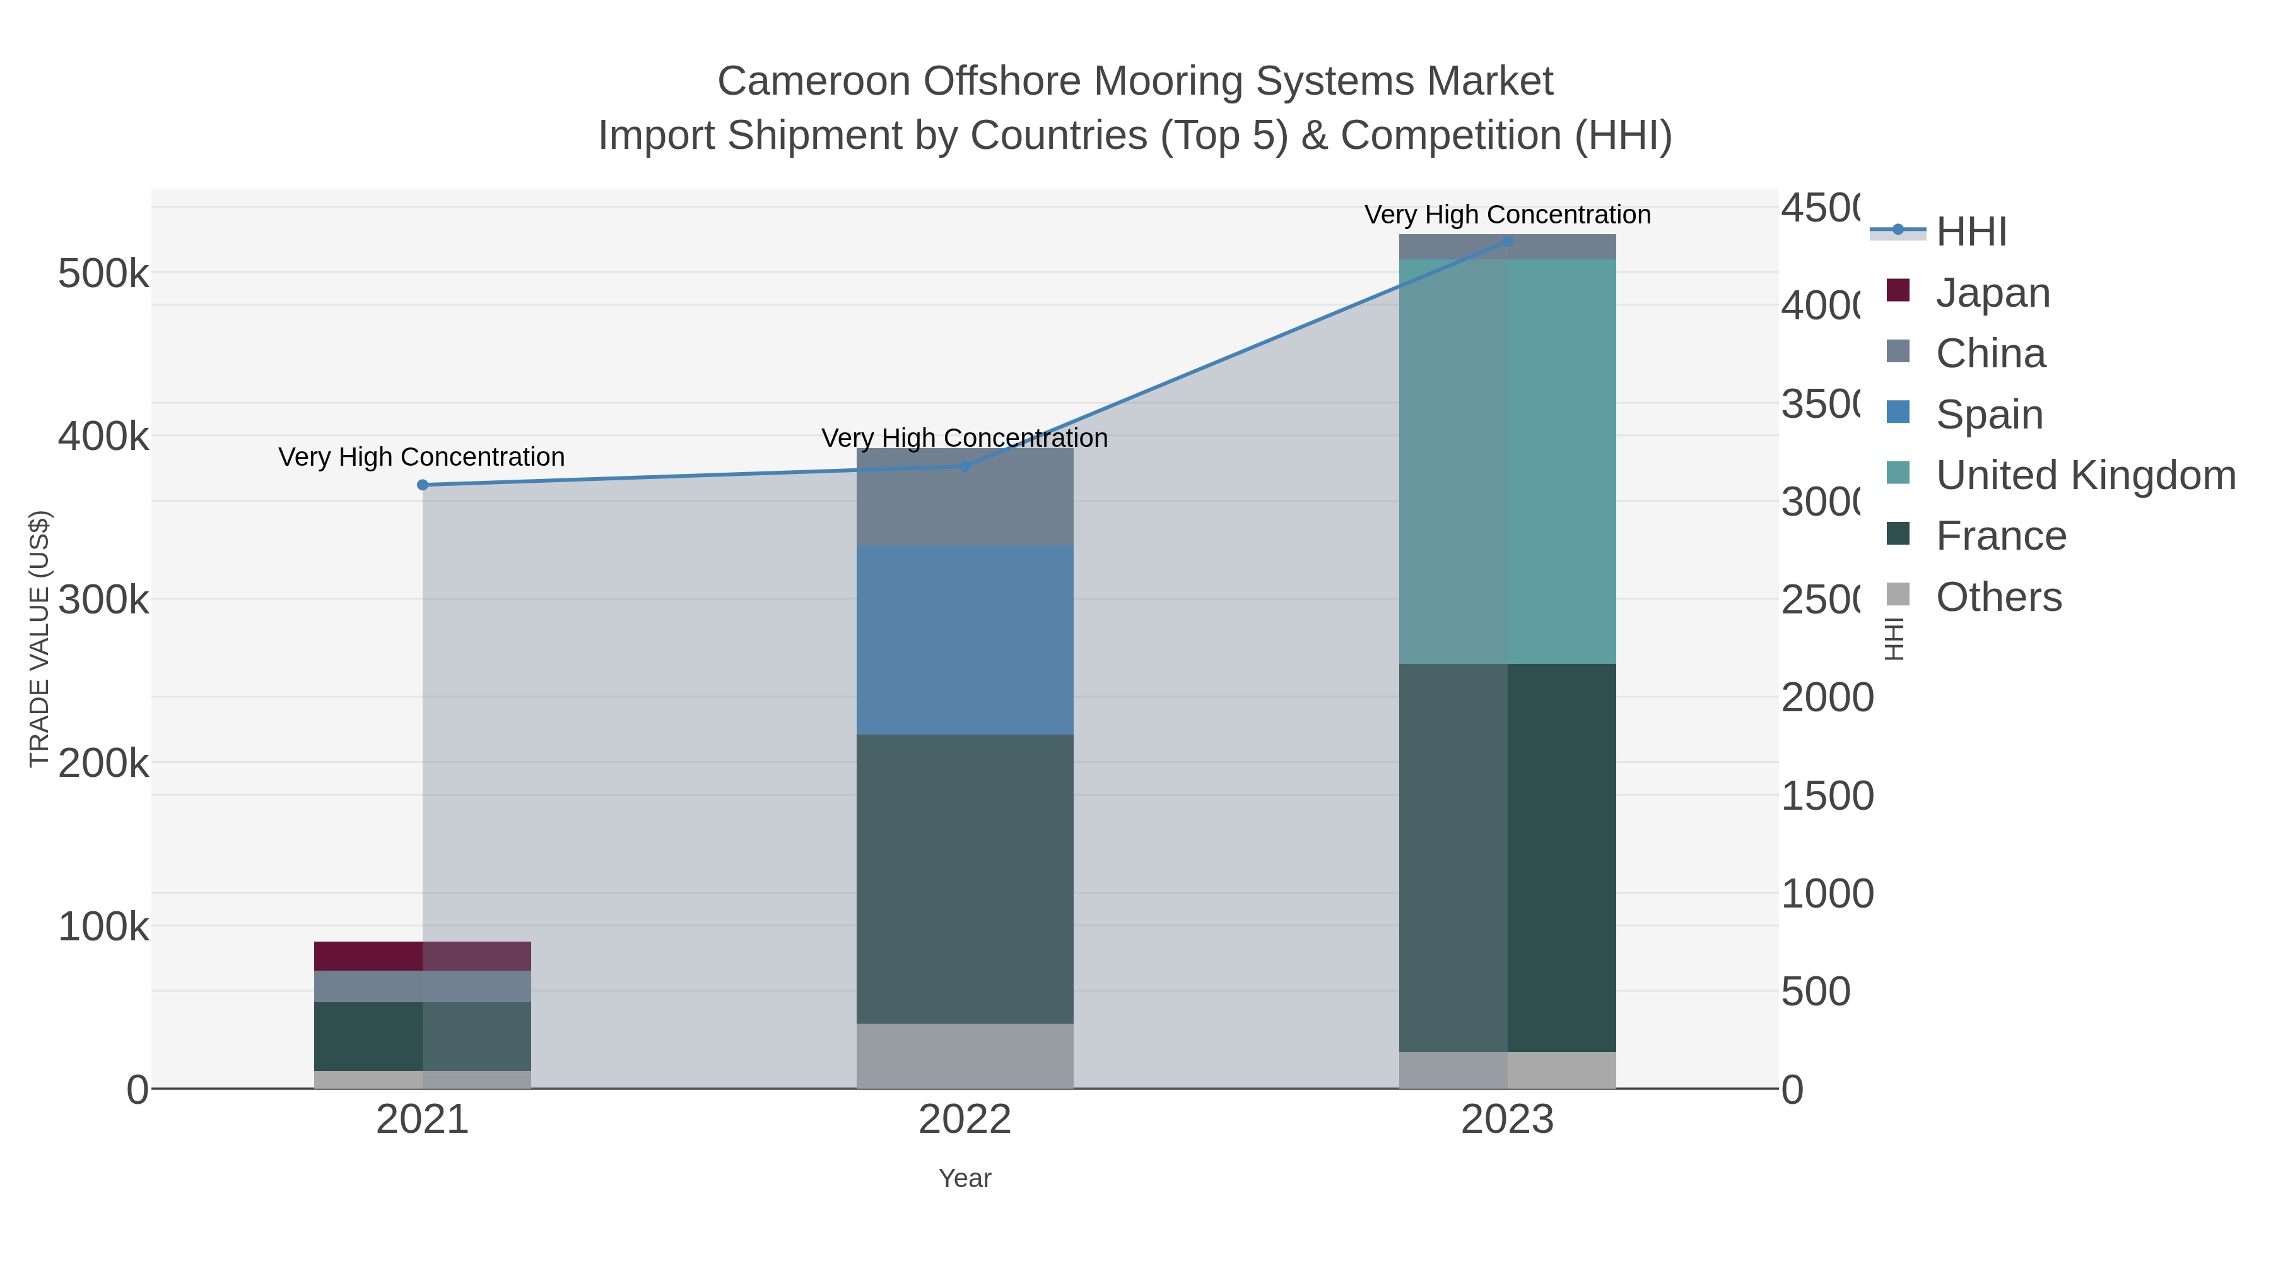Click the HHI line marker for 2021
422,485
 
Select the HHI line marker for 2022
965,466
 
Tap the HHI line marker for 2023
1508,241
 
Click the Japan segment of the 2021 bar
422,956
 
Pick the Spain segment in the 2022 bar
965,641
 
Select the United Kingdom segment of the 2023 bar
1508,461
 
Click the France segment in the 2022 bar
965,879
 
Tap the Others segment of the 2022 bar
965,1056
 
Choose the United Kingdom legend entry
2085,475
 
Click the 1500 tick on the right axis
1827,796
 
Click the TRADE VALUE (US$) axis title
38,639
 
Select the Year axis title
965,1178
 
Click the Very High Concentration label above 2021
421,457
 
